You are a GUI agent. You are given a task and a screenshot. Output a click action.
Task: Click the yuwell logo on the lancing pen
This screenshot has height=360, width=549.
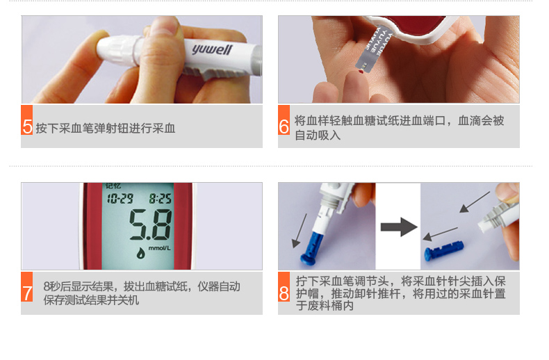point(212,49)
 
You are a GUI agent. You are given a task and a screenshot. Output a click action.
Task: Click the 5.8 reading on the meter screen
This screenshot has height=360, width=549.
point(151,224)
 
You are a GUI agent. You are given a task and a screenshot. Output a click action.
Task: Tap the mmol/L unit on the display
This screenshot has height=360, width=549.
point(160,248)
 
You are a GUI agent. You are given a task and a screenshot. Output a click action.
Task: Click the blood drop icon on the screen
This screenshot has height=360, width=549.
point(140,252)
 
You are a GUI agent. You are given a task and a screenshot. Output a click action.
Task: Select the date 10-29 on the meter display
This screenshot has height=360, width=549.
point(120,199)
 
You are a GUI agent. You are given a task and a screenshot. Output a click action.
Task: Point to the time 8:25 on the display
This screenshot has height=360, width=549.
point(161,199)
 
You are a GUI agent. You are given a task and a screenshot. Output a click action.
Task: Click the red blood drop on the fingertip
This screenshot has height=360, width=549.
point(361,72)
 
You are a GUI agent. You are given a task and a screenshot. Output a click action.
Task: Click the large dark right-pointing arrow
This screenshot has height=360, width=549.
point(399,227)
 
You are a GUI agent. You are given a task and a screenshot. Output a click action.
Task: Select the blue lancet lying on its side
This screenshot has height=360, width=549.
point(444,250)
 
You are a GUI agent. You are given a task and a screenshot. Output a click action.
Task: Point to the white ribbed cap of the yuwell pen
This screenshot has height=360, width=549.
point(118,51)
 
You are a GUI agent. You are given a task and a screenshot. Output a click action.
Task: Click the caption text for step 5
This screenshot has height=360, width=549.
point(106,129)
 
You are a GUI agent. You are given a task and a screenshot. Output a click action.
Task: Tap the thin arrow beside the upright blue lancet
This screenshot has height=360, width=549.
point(300,231)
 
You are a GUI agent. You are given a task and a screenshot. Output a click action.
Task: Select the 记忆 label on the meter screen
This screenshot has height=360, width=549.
point(113,186)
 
